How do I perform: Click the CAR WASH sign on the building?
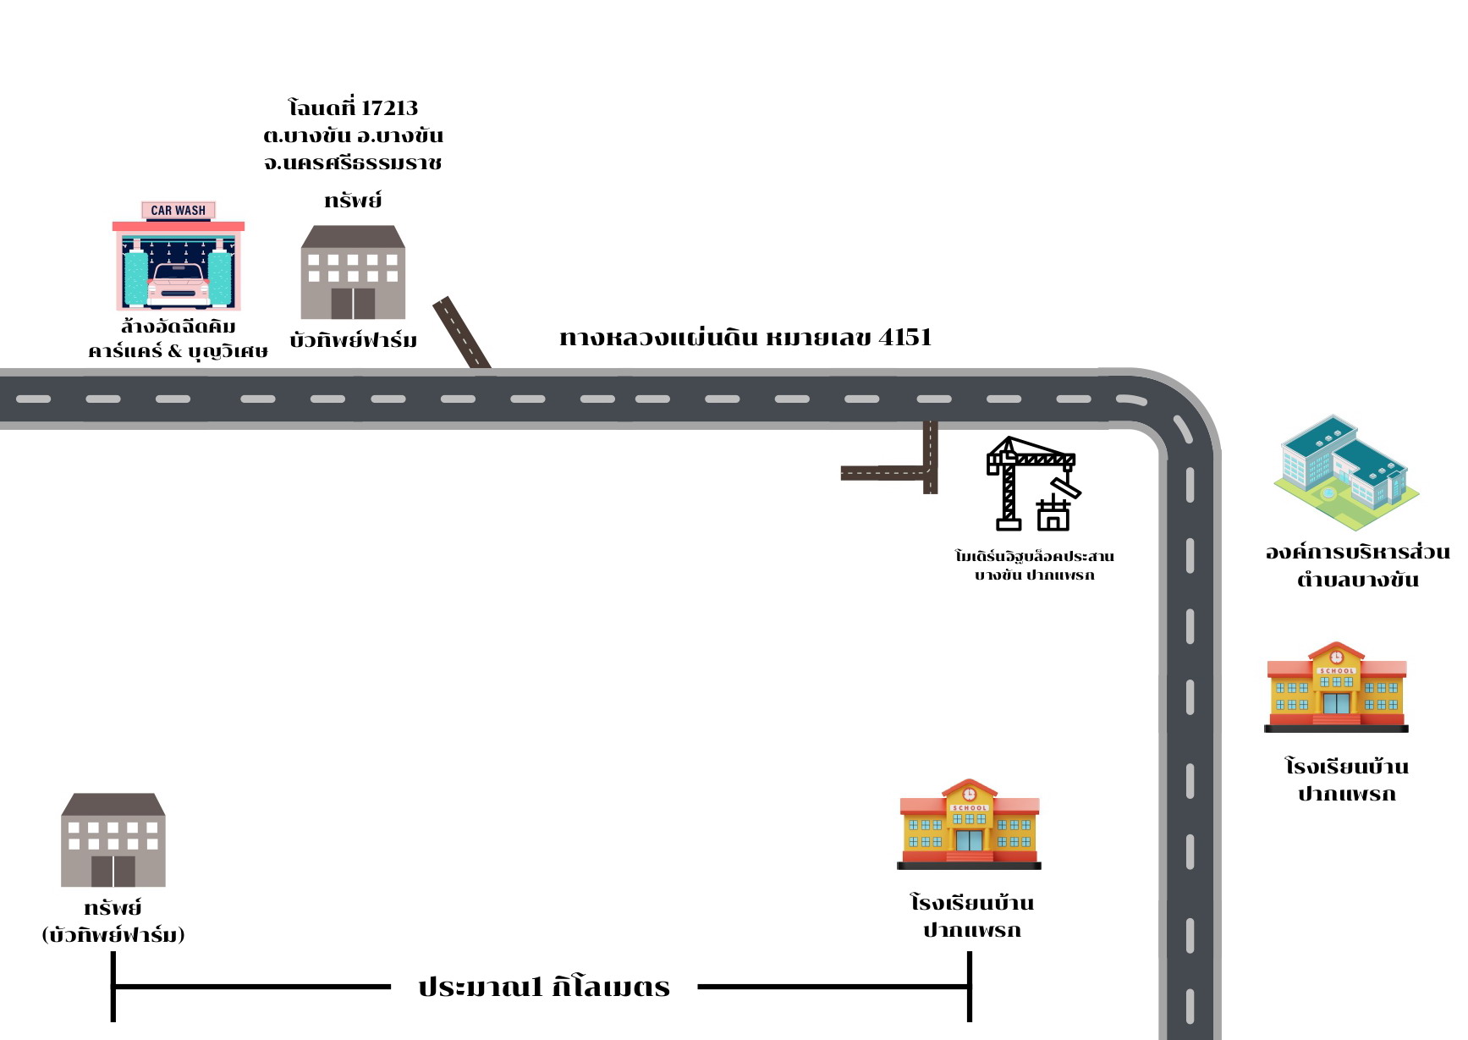coord(178,211)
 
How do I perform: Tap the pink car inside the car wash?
coord(178,284)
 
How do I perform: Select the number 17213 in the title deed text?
coord(389,108)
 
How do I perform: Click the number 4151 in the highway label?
coord(905,338)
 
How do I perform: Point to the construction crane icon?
coord(1033,483)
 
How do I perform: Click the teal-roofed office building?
coord(1346,473)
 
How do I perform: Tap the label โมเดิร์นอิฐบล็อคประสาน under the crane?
coord(1034,556)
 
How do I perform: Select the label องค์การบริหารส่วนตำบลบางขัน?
coord(1357,565)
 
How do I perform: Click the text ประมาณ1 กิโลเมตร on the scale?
coord(544,987)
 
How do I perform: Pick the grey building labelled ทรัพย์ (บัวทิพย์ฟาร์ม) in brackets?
coord(113,839)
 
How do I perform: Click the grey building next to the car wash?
coord(353,272)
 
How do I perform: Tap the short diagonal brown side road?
coord(462,333)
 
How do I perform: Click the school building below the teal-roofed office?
coord(1336,686)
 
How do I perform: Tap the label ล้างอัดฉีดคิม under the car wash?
coord(178,327)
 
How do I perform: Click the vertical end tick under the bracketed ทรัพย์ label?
coord(113,987)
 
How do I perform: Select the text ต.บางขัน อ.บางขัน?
coord(353,135)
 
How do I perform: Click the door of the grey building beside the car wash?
coord(353,303)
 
